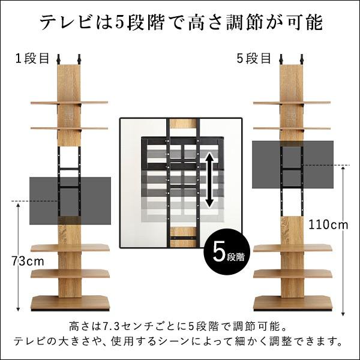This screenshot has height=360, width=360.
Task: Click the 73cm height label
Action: pyautogui.click(x=28, y=261)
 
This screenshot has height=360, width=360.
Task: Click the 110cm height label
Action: pyautogui.click(x=328, y=225)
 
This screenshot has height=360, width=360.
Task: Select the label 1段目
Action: pyautogui.click(x=33, y=58)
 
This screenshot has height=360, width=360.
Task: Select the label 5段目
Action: pyautogui.click(x=256, y=58)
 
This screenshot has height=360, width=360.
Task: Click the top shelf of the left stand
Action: pyautogui.click(x=69, y=103)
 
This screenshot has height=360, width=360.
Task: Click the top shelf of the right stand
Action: pyautogui.click(x=292, y=103)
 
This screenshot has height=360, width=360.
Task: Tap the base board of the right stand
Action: pyautogui.click(x=292, y=303)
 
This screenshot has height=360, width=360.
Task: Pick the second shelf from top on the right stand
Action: pyautogui.click(x=292, y=128)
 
